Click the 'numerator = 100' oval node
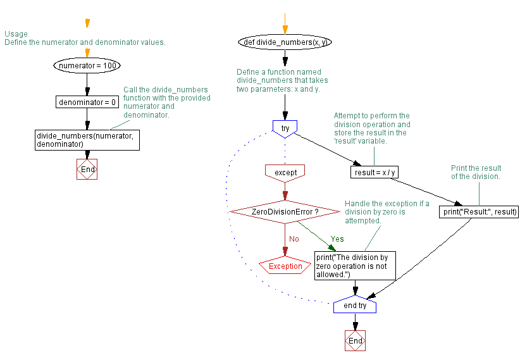pos(87,65)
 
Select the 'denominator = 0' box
pos(87,102)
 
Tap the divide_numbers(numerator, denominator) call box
pos(87,140)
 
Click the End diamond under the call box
pos(87,170)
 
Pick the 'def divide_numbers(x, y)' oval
pos(285,42)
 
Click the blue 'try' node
pos(285,128)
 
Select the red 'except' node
pos(285,171)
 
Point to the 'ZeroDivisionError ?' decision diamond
pos(285,211)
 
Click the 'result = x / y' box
pos(375,172)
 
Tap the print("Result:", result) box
pos(479,212)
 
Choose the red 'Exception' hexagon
pos(285,266)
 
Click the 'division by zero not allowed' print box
pos(355,266)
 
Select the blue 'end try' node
pos(355,306)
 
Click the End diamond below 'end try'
pos(355,340)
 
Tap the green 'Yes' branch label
pos(337,239)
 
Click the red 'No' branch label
pos(294,239)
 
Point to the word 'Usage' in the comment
pos(16,34)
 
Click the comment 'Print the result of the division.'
pos(476,172)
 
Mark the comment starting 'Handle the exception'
pos(387,212)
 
